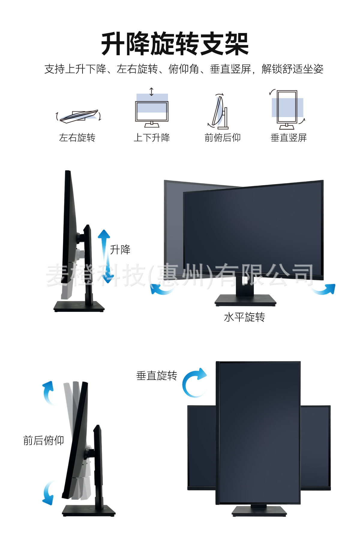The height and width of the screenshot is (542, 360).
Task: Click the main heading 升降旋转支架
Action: tap(175, 44)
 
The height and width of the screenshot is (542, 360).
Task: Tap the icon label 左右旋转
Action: tap(77, 138)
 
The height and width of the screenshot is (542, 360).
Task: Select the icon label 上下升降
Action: tap(152, 138)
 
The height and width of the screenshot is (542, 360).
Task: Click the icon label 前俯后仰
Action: tap(223, 138)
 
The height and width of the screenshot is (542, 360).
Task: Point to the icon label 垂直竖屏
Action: tap(289, 138)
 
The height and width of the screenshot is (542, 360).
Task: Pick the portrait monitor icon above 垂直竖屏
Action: tap(287, 109)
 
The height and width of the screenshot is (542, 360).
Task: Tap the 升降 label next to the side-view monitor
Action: tap(120, 250)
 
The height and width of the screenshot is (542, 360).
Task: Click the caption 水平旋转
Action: tap(244, 317)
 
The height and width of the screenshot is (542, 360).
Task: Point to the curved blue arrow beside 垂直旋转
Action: tap(193, 383)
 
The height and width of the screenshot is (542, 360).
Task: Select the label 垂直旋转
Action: tap(157, 376)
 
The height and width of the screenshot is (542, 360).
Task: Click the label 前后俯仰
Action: tap(43, 441)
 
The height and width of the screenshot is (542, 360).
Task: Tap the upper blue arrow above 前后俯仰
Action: tap(48, 392)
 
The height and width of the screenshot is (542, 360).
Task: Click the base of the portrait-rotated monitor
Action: tap(259, 511)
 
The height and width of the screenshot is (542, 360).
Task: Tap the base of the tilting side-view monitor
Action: tap(88, 511)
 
